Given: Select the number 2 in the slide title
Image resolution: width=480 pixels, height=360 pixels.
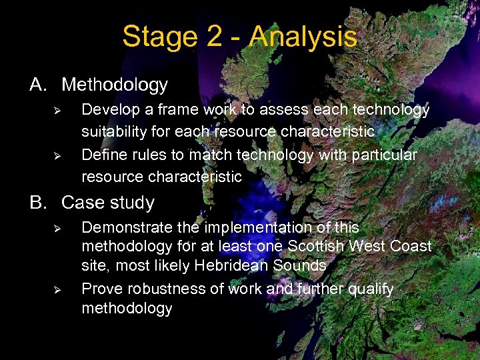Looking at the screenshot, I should (215, 37).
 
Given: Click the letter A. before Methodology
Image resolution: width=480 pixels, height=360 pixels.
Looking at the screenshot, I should (39, 85).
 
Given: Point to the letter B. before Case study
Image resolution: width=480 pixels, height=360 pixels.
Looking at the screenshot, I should (39, 203).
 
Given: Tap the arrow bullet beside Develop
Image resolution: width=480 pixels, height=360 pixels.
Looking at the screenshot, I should (57, 109).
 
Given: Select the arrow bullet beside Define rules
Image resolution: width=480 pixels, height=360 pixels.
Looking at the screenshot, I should (57, 156).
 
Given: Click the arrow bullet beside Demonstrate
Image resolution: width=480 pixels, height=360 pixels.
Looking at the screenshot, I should (57, 228).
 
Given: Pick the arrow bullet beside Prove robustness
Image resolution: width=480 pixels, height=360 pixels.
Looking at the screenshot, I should (57, 289).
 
